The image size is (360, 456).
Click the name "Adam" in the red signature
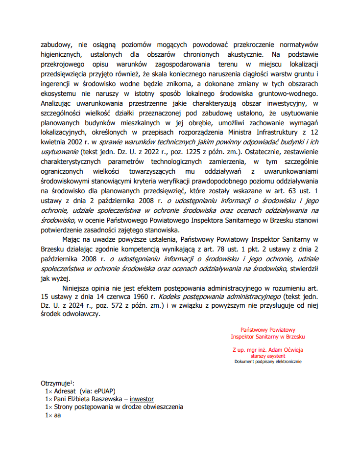click(x=276, y=350)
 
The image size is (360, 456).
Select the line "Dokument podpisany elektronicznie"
click(x=267, y=362)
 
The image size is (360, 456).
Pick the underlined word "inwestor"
click(x=142, y=399)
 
